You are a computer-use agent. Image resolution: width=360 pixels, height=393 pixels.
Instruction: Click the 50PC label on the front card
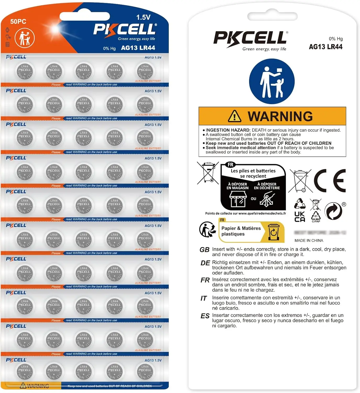pos(18,21)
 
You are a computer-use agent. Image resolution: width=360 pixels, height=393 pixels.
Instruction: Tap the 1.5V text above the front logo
pos(143,17)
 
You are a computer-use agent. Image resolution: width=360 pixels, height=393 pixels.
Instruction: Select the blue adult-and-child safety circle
pos(272,81)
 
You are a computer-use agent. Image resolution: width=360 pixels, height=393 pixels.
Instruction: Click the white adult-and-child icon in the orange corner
pos(25,38)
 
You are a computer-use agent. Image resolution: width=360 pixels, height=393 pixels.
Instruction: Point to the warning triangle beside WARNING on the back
pos(234,116)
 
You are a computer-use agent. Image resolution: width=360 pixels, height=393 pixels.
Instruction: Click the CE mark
pos(330,181)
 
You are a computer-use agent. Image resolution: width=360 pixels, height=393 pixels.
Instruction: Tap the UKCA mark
pos(300,217)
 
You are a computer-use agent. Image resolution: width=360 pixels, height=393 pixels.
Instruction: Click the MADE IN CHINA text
pos(309,241)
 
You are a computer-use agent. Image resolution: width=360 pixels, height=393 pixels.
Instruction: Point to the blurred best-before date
pos(320,233)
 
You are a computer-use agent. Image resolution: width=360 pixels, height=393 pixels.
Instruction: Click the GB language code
pos(204,250)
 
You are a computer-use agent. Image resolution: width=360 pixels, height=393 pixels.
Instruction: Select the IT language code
pos(204,298)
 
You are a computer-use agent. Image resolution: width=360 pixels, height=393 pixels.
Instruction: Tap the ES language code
pos(205,316)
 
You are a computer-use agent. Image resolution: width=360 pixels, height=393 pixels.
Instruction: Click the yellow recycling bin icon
pos(274,232)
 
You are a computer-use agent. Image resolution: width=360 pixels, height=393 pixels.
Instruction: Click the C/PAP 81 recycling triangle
pos(316,216)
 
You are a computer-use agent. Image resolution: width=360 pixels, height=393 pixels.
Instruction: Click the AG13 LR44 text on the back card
pos(325,47)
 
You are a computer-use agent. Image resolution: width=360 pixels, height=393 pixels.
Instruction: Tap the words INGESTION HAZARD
pos(227,130)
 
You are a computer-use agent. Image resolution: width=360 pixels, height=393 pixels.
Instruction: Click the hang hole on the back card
pos(272,16)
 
